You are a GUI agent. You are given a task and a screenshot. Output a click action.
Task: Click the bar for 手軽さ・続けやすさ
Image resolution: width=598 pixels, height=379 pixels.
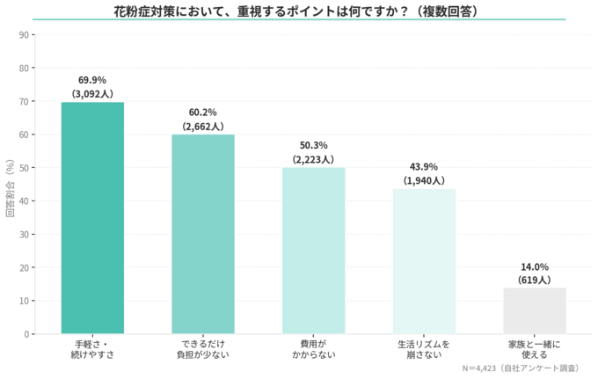(x=92, y=218)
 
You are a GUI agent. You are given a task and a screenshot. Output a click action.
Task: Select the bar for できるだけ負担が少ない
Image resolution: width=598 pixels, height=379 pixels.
(x=202, y=234)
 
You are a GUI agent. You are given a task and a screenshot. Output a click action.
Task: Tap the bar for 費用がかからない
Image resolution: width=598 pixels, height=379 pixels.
(x=313, y=251)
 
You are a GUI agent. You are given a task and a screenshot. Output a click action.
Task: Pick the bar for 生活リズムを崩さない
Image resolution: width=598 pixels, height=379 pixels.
(x=424, y=261)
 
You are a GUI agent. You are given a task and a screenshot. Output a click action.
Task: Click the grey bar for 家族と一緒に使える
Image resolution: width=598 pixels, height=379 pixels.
(x=535, y=310)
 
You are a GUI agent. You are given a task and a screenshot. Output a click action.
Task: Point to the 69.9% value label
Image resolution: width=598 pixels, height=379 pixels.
(x=92, y=80)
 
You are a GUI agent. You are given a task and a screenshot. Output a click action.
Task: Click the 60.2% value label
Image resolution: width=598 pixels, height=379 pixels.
(x=202, y=113)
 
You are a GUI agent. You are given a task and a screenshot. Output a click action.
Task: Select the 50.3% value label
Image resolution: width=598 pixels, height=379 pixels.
(x=313, y=146)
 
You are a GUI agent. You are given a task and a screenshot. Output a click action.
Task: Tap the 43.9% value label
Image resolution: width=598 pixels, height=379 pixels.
(x=424, y=167)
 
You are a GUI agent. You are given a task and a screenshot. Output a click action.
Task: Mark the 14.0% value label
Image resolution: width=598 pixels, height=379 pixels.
(x=535, y=267)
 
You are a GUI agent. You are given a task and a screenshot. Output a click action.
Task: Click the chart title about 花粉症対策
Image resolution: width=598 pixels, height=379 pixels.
(x=299, y=11)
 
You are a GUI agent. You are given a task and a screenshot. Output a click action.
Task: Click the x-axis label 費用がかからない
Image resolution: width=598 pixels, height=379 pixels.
(x=313, y=348)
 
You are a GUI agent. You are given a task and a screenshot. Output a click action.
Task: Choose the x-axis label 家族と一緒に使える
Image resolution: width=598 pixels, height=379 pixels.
(x=535, y=348)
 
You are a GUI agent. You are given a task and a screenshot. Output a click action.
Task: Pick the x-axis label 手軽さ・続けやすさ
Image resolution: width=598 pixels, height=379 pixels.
(x=92, y=348)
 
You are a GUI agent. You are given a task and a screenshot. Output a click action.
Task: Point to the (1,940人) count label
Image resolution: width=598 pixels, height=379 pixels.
(x=424, y=180)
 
